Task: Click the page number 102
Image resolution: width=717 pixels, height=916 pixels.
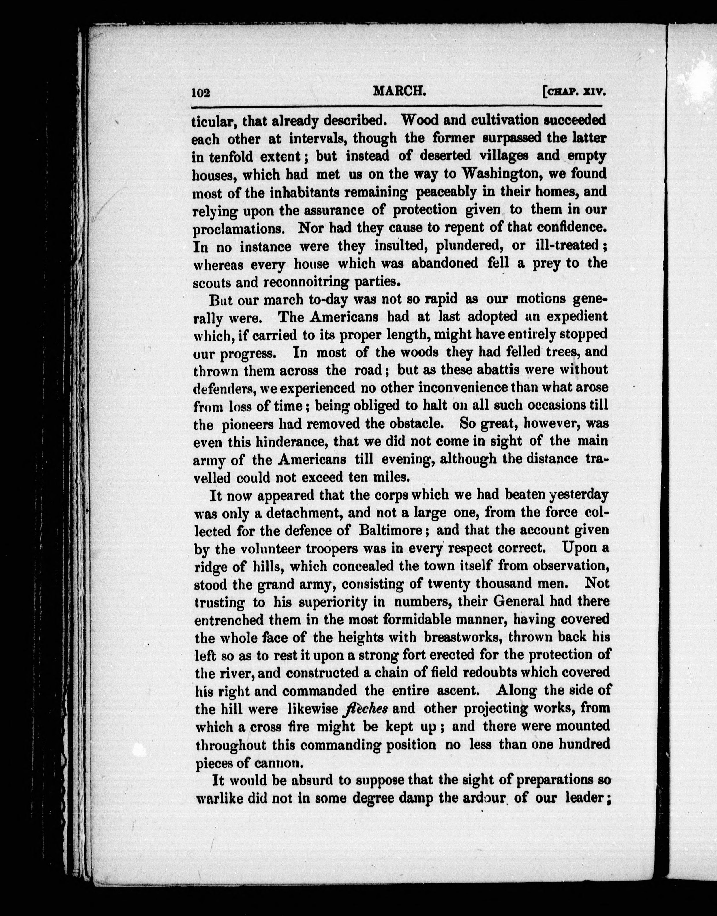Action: click(201, 93)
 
